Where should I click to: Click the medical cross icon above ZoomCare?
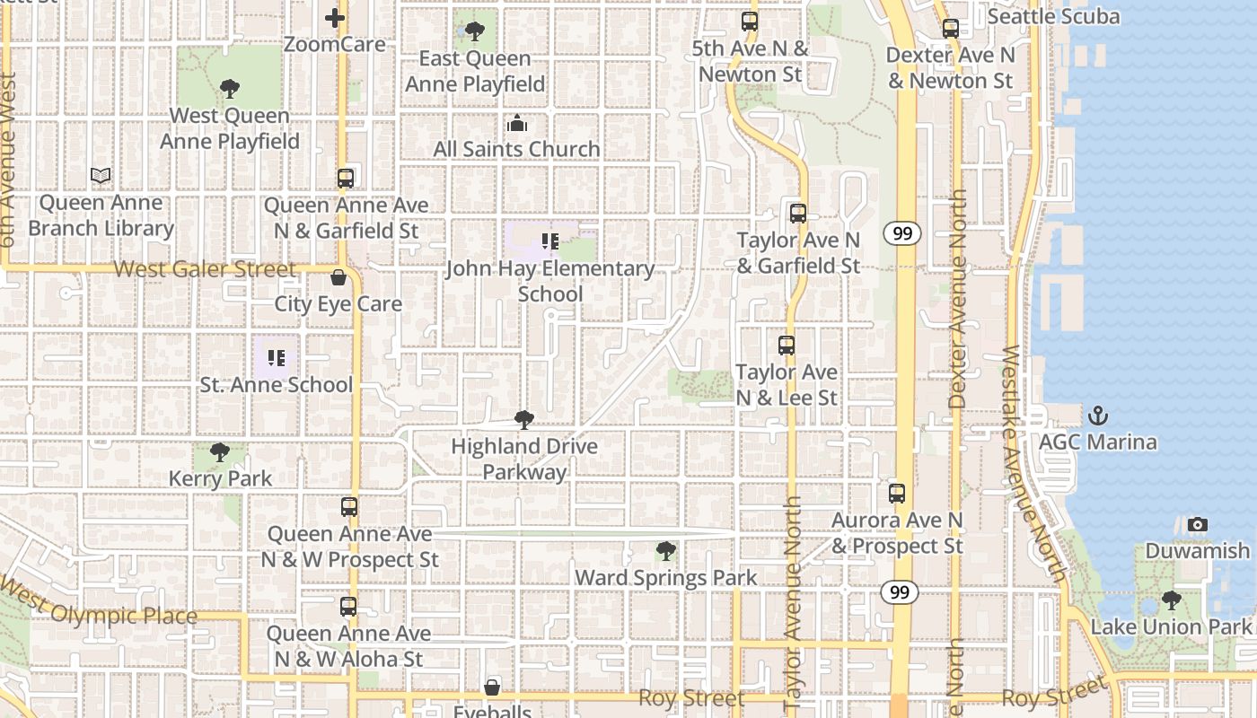tap(335, 17)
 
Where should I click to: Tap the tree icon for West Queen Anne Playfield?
tap(229, 88)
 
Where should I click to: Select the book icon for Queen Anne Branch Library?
tap(101, 176)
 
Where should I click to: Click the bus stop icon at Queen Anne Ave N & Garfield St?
tap(346, 178)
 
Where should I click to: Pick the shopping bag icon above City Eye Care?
tap(338, 277)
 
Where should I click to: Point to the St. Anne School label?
tap(277, 385)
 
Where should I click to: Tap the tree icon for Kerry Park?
tap(219, 451)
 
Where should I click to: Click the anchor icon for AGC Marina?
tap(1097, 416)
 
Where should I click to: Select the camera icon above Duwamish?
tap(1197, 524)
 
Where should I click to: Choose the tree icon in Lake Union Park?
tap(1171, 600)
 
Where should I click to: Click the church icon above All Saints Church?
tap(517, 123)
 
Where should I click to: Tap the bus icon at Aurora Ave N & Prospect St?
tap(897, 493)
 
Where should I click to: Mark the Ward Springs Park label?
tap(666, 578)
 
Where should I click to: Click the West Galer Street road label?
tap(205, 269)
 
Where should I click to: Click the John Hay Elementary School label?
tap(550, 281)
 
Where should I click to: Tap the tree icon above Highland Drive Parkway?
tap(524, 419)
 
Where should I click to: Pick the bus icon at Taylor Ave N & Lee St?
tap(787, 346)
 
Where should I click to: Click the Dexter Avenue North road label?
tap(957, 296)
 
